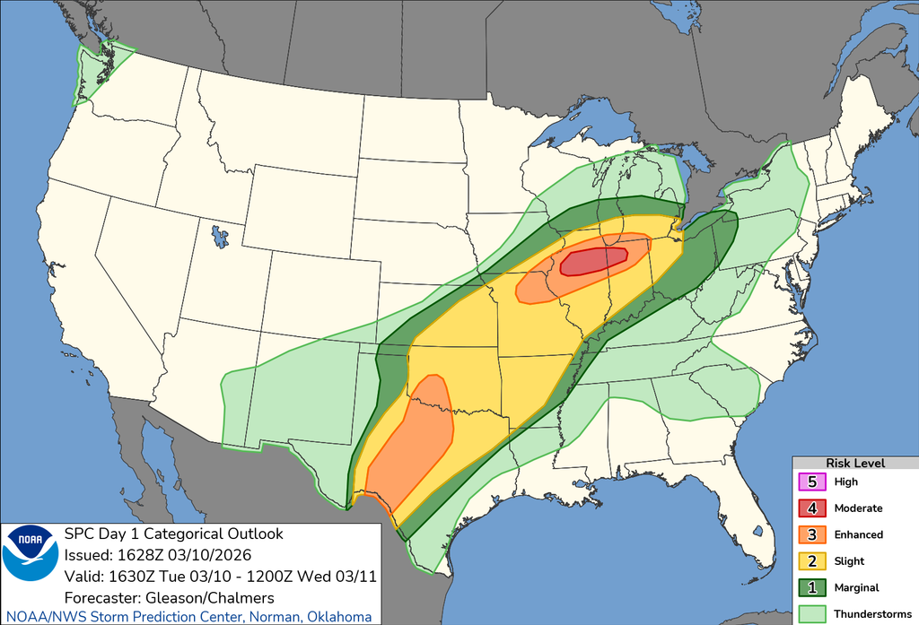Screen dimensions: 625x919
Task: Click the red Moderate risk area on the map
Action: [x=593, y=261]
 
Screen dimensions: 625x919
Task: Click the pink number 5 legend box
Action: [x=812, y=482]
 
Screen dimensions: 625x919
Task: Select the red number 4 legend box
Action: [x=812, y=508]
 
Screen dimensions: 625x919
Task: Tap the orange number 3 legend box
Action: [x=812, y=534]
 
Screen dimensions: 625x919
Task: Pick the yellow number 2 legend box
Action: [x=812, y=560]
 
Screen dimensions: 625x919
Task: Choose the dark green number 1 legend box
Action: [x=812, y=587]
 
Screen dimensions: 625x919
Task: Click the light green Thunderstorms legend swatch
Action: [x=812, y=613]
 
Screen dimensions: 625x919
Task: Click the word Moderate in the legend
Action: [x=858, y=508]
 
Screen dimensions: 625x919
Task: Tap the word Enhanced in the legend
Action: [x=858, y=534]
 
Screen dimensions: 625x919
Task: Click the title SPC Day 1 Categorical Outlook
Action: [x=173, y=534]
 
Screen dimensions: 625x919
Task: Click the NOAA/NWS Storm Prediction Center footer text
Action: [x=186, y=617]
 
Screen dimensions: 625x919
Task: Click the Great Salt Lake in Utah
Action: [x=219, y=237]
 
